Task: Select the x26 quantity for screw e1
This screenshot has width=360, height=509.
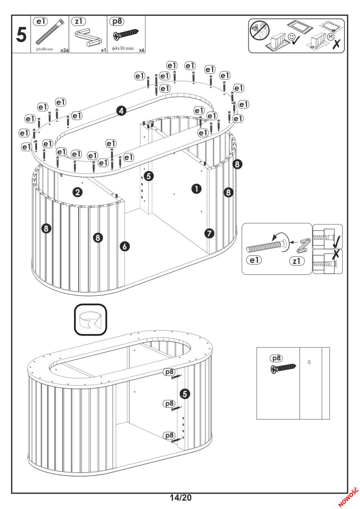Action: [x=64, y=50]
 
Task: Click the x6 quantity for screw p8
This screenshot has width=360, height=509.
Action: [x=141, y=50]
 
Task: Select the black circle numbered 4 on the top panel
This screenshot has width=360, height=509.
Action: [x=121, y=111]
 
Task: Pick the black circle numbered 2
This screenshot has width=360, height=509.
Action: [x=77, y=193]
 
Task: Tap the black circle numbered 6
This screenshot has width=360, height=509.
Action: [x=126, y=246]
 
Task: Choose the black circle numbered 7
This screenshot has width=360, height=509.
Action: [x=209, y=232]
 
